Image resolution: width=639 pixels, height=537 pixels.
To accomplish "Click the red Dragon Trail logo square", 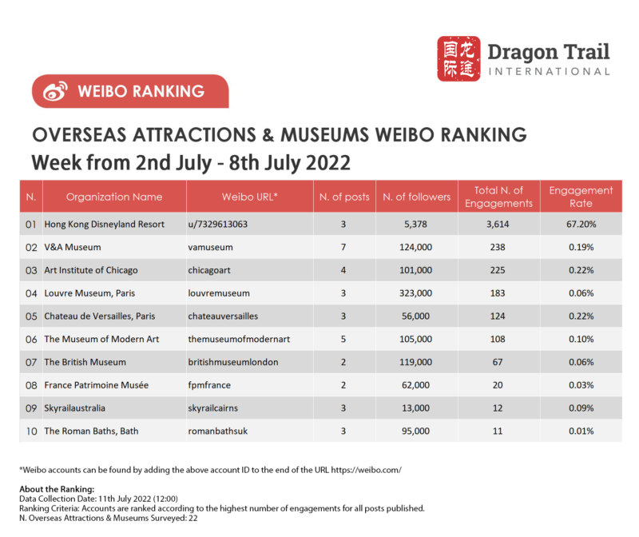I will (x=459, y=58).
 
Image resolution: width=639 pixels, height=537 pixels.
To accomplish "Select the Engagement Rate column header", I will (x=581, y=197).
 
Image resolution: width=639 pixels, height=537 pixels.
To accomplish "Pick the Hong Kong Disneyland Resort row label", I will (x=104, y=225).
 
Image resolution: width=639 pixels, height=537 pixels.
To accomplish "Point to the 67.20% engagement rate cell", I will (x=581, y=225).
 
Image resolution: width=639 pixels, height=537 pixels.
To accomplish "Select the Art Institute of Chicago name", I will (x=90, y=270).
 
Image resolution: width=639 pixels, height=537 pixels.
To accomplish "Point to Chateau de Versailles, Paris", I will (x=99, y=316).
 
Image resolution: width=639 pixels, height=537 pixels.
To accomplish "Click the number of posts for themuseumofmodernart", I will (x=343, y=339).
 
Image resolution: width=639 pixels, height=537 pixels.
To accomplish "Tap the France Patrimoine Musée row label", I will (x=96, y=385).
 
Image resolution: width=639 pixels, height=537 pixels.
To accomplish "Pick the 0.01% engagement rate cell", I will (x=581, y=431).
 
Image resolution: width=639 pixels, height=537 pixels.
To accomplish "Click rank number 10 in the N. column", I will (x=31, y=431).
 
